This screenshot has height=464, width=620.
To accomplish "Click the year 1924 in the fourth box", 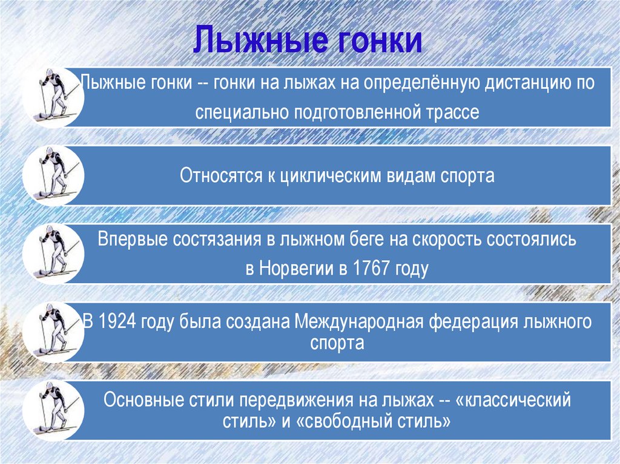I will tap(117, 321).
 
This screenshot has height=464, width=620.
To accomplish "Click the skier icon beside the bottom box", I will tap(53, 410).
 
